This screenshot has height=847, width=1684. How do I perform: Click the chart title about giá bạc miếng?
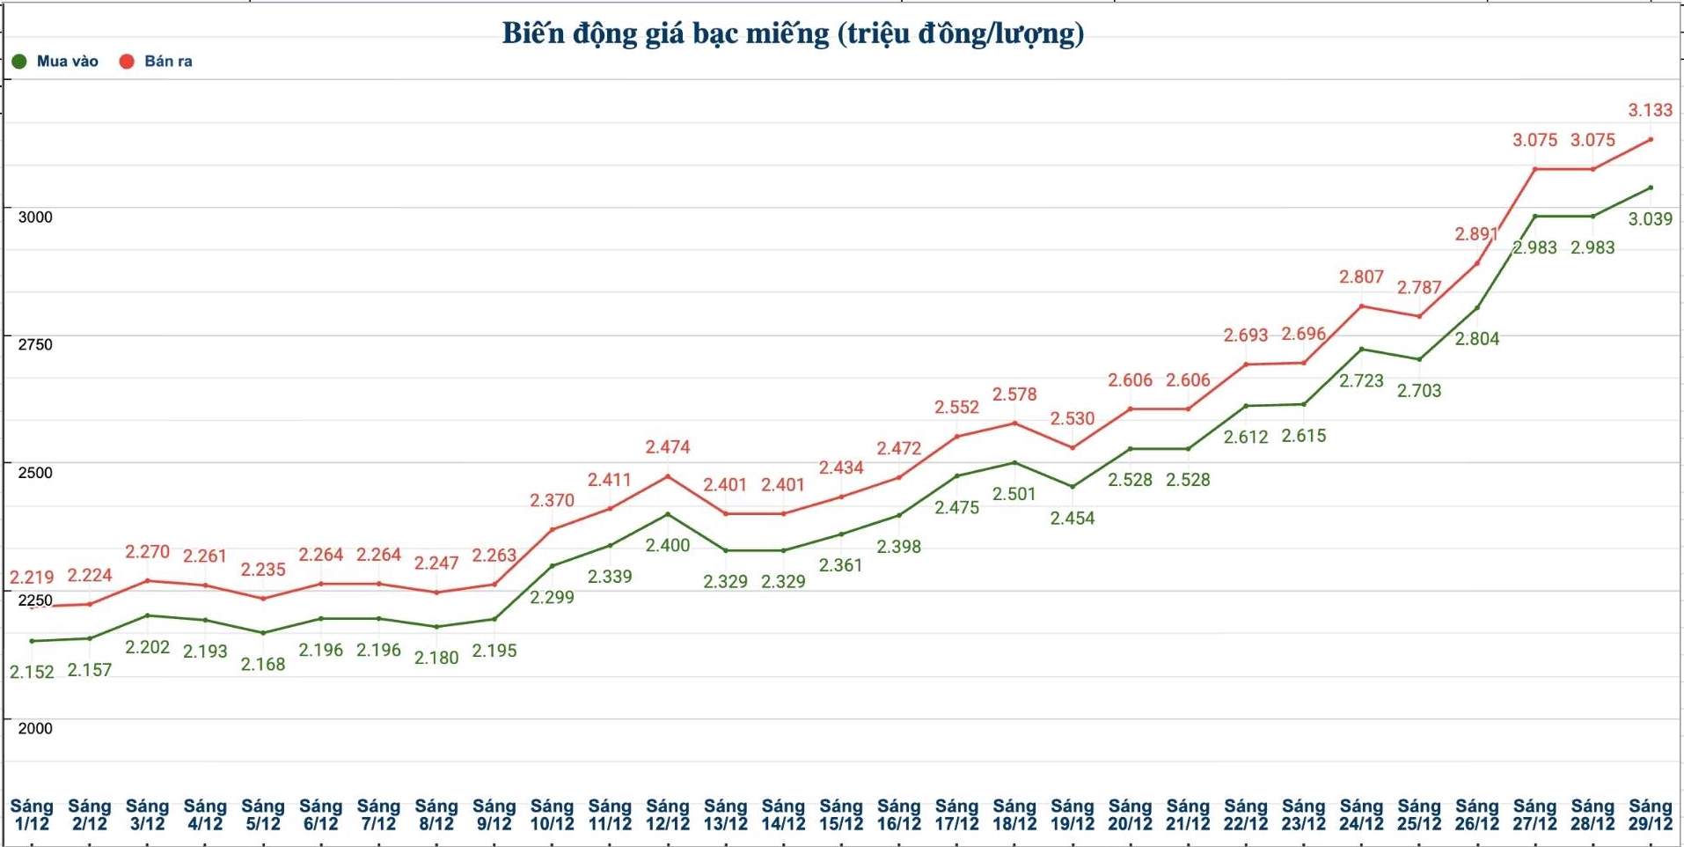point(793,33)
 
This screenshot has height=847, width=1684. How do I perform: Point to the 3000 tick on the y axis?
point(35,217)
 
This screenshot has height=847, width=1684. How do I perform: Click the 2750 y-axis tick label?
point(35,344)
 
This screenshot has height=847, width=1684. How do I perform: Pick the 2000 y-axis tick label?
point(35,728)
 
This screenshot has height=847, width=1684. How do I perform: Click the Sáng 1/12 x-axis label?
point(32,814)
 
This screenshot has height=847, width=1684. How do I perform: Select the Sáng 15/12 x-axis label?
point(841,814)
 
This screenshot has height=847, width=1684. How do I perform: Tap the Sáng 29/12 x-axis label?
point(1650,814)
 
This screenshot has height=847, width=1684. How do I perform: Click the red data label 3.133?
point(1650,110)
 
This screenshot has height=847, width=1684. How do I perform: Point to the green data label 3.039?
point(1650,219)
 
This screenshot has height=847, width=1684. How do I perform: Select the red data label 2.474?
point(668,447)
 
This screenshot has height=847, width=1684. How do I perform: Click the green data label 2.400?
point(668,545)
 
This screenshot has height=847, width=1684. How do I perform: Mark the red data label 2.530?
point(1073,418)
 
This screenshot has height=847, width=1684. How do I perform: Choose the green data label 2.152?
point(32,672)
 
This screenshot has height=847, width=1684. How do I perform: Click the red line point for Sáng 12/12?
point(668,476)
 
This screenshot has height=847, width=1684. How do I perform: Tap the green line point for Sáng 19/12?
point(1073,486)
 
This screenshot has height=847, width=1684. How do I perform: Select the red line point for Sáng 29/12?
point(1650,139)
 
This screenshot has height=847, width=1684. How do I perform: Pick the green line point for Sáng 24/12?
point(1361,350)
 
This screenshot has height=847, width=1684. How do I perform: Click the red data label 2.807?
point(1361,276)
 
